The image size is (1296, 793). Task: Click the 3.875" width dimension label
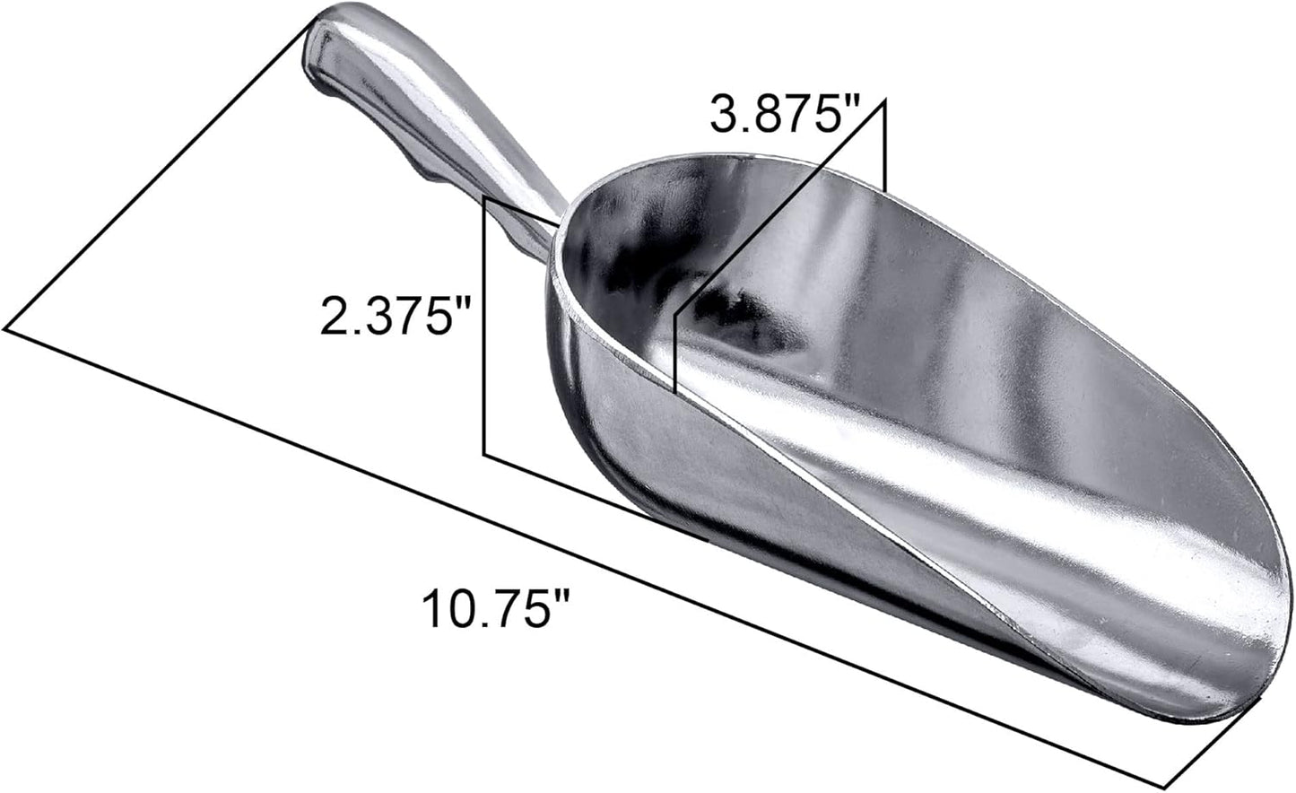785,114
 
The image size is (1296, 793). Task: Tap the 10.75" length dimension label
497,610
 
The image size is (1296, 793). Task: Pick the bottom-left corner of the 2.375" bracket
485,454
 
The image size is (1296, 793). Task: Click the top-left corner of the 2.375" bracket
485,198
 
